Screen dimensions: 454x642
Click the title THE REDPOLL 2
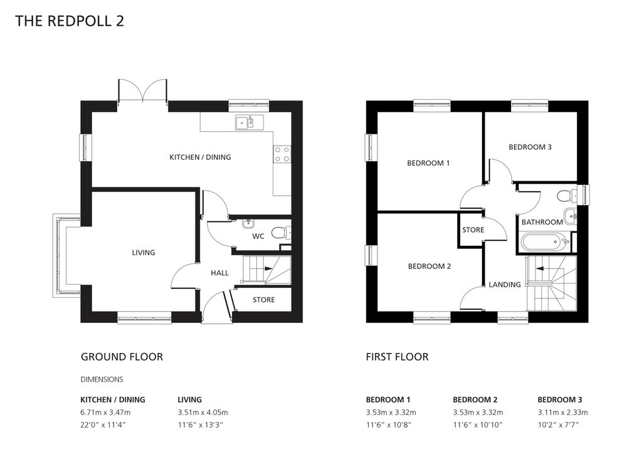[70, 21]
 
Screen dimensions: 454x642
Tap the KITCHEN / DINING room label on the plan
[200, 157]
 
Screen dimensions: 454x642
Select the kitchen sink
[245, 122]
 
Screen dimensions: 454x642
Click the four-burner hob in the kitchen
[282, 154]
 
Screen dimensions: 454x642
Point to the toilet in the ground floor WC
[282, 233]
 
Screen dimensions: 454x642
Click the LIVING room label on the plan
[143, 253]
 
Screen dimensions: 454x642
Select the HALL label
[219, 273]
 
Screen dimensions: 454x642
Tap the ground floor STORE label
[263, 300]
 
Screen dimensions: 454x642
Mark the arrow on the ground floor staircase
[268, 268]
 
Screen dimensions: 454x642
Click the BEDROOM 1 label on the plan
[428, 163]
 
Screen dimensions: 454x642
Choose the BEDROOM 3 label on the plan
[530, 147]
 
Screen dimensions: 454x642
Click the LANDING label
[505, 285]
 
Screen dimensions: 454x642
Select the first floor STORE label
[473, 230]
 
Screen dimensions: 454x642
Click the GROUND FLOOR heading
[122, 357]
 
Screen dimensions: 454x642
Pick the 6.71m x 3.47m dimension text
[105, 412]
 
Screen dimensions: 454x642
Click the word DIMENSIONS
[102, 379]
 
